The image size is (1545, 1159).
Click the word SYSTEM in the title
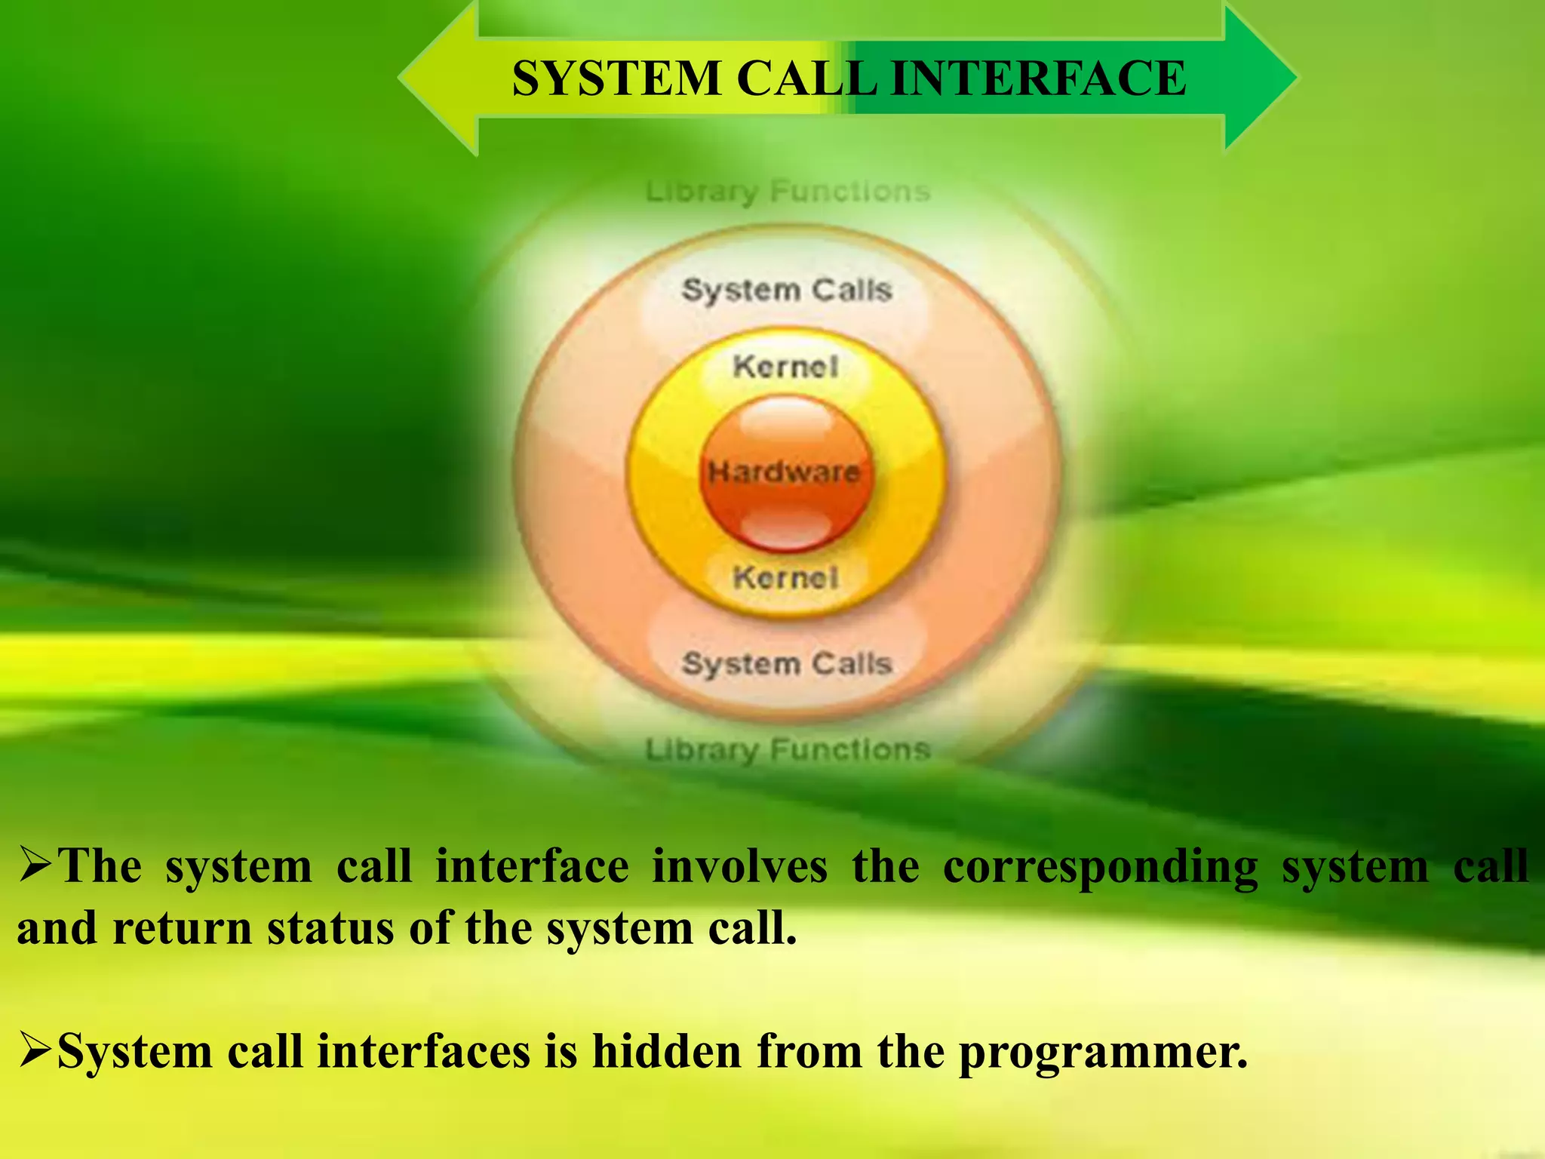[x=616, y=78]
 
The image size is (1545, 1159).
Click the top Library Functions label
[x=788, y=192]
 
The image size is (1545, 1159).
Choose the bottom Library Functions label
[x=788, y=750]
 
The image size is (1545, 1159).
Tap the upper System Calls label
[x=787, y=291]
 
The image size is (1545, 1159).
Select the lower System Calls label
[x=787, y=664]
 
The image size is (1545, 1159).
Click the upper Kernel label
[x=785, y=367]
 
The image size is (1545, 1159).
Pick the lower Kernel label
[x=785, y=579]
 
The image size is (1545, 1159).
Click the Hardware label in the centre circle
[x=784, y=472]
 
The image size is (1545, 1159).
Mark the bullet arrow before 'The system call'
[x=35, y=865]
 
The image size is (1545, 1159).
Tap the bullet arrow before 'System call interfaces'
[x=35, y=1051]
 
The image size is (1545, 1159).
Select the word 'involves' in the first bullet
[x=739, y=865]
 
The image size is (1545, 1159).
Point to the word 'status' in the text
[x=330, y=928]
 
